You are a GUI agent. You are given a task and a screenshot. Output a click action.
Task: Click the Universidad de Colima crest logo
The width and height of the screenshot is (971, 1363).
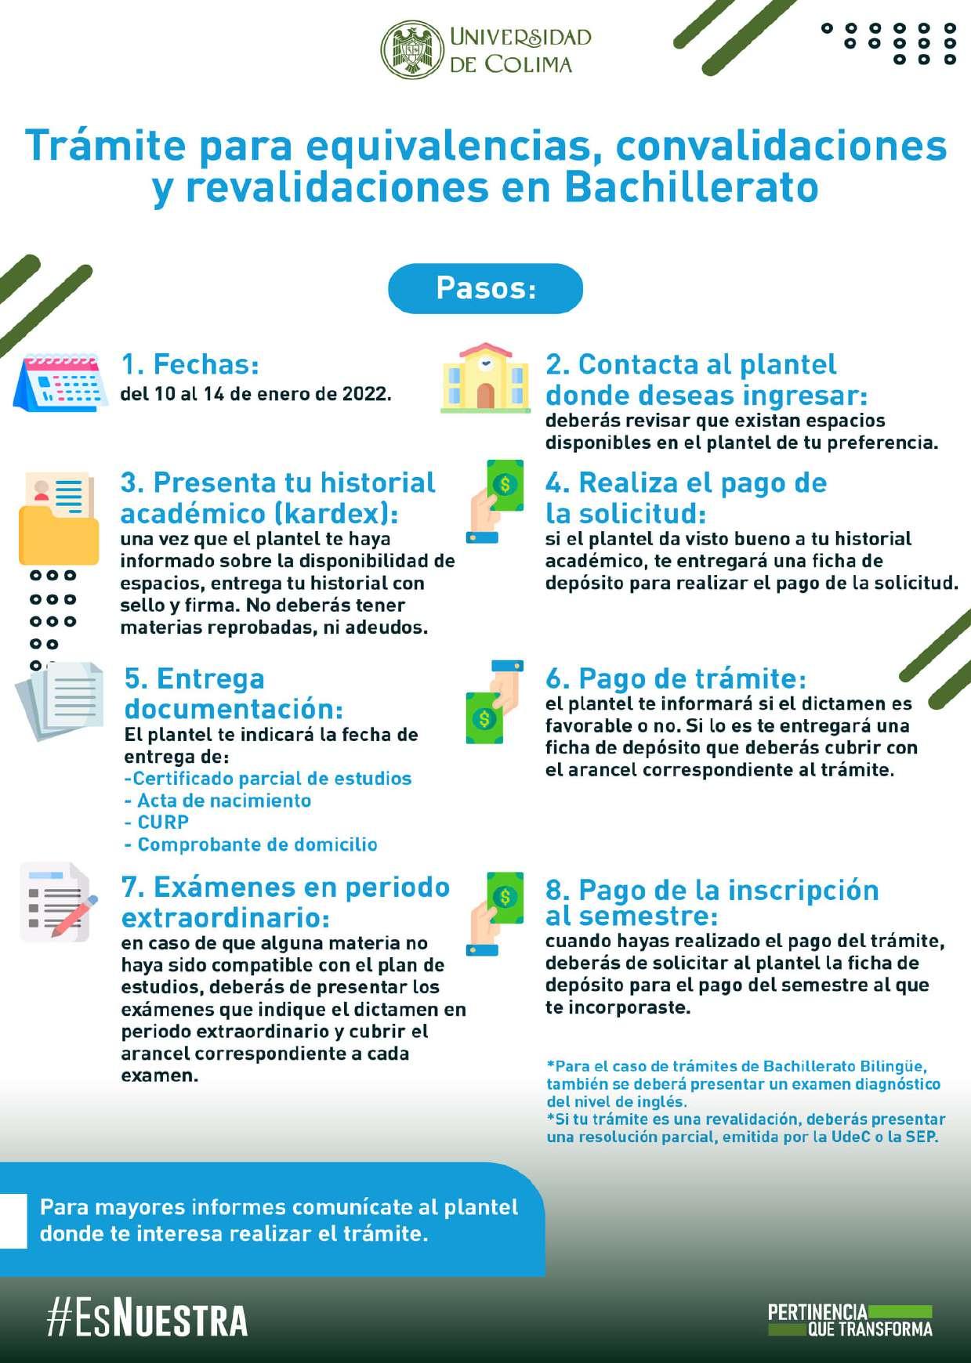(x=412, y=49)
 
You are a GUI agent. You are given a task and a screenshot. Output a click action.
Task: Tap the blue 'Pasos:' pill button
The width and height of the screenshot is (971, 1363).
(x=485, y=288)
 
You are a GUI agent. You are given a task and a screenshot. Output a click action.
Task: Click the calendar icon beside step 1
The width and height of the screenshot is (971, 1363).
(x=61, y=382)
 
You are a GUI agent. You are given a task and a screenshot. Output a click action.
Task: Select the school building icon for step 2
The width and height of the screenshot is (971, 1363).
(x=485, y=378)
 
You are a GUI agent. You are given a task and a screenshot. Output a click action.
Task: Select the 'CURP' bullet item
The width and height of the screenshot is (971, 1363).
(x=163, y=822)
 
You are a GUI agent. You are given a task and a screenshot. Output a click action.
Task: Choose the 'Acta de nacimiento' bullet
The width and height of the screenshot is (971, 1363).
(x=223, y=801)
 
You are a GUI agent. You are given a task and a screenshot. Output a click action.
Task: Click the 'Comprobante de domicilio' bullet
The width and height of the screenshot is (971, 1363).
(x=257, y=844)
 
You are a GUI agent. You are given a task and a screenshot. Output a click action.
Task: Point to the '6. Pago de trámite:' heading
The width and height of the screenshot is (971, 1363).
(x=676, y=678)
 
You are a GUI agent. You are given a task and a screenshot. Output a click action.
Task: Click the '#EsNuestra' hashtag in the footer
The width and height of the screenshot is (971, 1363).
(x=147, y=1319)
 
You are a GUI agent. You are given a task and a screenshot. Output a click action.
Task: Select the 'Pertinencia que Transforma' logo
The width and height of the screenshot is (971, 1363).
(x=850, y=1321)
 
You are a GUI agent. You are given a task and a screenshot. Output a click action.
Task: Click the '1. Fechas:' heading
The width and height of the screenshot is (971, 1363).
(x=190, y=364)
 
